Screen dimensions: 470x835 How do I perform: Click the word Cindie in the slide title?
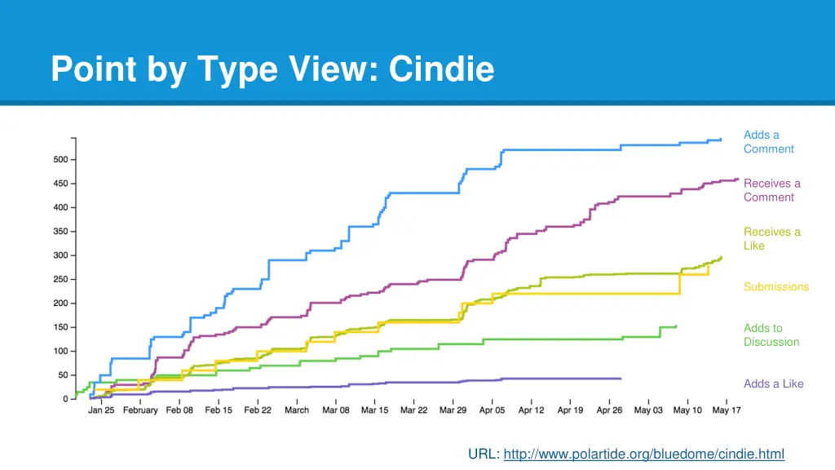(441, 69)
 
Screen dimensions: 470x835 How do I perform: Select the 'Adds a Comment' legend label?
(768, 142)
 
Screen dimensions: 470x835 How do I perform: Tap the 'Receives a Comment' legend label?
(771, 190)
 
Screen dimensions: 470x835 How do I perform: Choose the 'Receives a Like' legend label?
(771, 238)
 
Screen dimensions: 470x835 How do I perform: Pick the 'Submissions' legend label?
(775, 287)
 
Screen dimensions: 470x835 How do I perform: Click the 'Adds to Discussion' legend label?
(771, 335)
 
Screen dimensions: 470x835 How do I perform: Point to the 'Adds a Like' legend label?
(773, 384)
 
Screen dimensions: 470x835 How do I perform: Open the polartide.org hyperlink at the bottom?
(643, 454)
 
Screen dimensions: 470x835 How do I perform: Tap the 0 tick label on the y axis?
(65, 400)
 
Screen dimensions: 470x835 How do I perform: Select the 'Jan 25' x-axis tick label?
(101, 410)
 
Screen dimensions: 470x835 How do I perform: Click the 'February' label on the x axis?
(140, 410)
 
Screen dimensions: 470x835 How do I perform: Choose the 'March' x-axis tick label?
(297, 410)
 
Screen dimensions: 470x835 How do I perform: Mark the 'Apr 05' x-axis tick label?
(492, 410)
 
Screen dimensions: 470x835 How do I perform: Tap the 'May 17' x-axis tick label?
(726, 410)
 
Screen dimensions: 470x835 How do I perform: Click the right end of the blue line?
(721, 140)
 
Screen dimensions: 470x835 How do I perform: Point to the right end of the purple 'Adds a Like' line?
(621, 379)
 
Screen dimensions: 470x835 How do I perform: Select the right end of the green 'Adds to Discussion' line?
(676, 326)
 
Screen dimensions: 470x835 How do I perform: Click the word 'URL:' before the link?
(484, 454)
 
